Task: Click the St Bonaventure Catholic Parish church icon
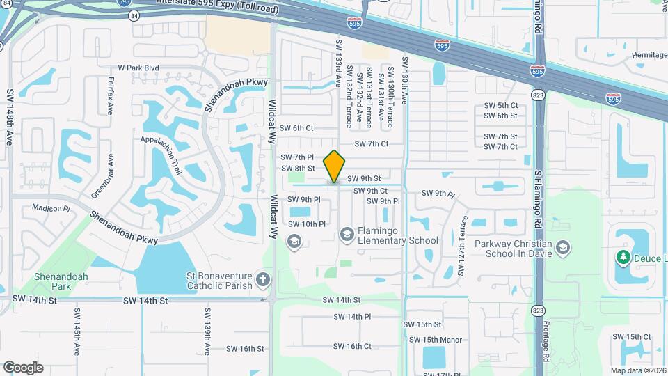[262, 280]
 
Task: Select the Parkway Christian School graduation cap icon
[563, 248]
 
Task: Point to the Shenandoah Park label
[62, 281]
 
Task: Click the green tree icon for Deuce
[623, 258]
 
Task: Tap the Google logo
[23, 368]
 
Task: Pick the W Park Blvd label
[138, 68]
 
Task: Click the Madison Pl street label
[51, 208]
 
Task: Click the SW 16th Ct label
[352, 346]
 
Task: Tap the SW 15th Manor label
[436, 340]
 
